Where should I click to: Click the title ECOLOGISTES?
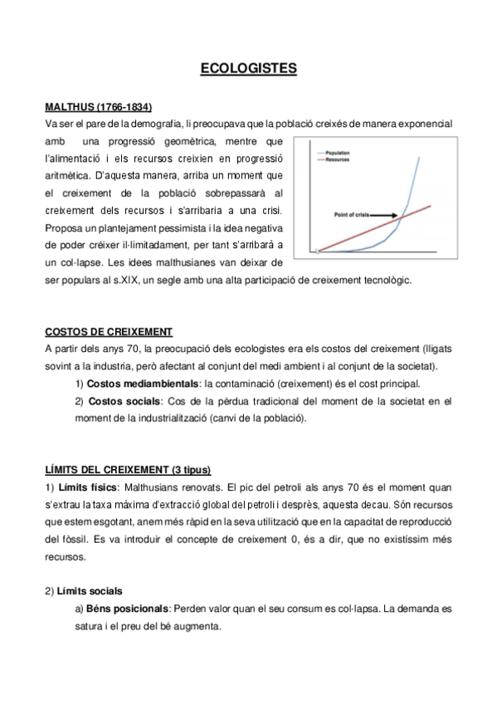(248, 69)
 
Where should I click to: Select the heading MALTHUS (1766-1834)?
(98, 108)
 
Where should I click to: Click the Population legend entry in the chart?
(337, 154)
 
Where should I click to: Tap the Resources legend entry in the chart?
(338, 160)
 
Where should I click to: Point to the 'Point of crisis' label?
(355, 213)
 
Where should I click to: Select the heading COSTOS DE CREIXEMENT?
(108, 332)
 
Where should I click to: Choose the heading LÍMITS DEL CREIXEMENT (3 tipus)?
(134, 471)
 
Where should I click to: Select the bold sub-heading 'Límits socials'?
(89, 591)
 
